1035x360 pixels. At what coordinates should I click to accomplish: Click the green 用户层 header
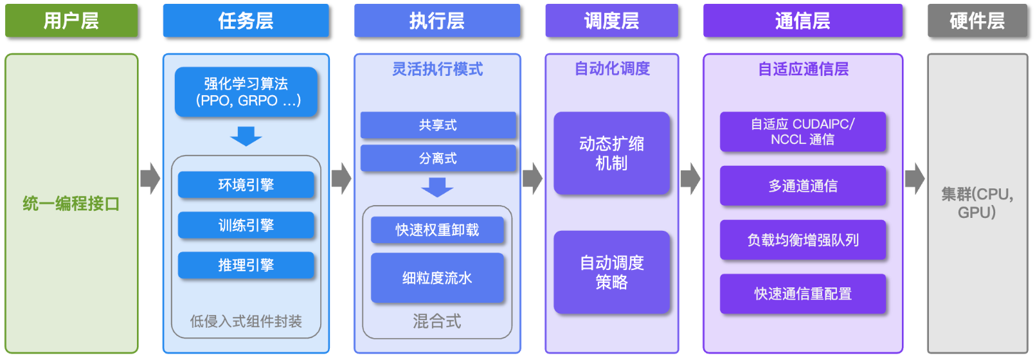[71, 21]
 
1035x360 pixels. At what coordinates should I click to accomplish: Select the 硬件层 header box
[978, 21]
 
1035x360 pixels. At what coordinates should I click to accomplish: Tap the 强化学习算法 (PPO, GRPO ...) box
[246, 92]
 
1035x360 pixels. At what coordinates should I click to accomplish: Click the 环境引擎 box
[246, 185]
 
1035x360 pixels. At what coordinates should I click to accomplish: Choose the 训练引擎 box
[246, 225]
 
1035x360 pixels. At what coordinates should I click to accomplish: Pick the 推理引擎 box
[246, 265]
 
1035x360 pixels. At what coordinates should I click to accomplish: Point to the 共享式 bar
[438, 125]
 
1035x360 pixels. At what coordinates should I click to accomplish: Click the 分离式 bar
[438, 159]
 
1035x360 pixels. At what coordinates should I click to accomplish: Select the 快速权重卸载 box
[438, 230]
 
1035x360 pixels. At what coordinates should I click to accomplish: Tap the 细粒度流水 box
[438, 278]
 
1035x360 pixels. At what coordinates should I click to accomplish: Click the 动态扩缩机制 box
[612, 153]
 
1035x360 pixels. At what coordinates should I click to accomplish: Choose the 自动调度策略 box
[612, 272]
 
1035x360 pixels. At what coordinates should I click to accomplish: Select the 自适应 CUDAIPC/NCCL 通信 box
[803, 132]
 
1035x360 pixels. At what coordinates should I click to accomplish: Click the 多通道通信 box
[803, 186]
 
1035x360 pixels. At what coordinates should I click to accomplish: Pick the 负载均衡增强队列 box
[803, 240]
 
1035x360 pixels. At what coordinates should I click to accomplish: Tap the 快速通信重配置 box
[803, 294]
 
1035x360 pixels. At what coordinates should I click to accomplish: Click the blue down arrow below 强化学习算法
[246, 136]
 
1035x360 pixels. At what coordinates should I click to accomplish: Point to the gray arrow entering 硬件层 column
[915, 178]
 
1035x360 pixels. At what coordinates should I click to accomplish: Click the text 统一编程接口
[71, 204]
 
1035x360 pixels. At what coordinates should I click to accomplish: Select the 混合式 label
[437, 321]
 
